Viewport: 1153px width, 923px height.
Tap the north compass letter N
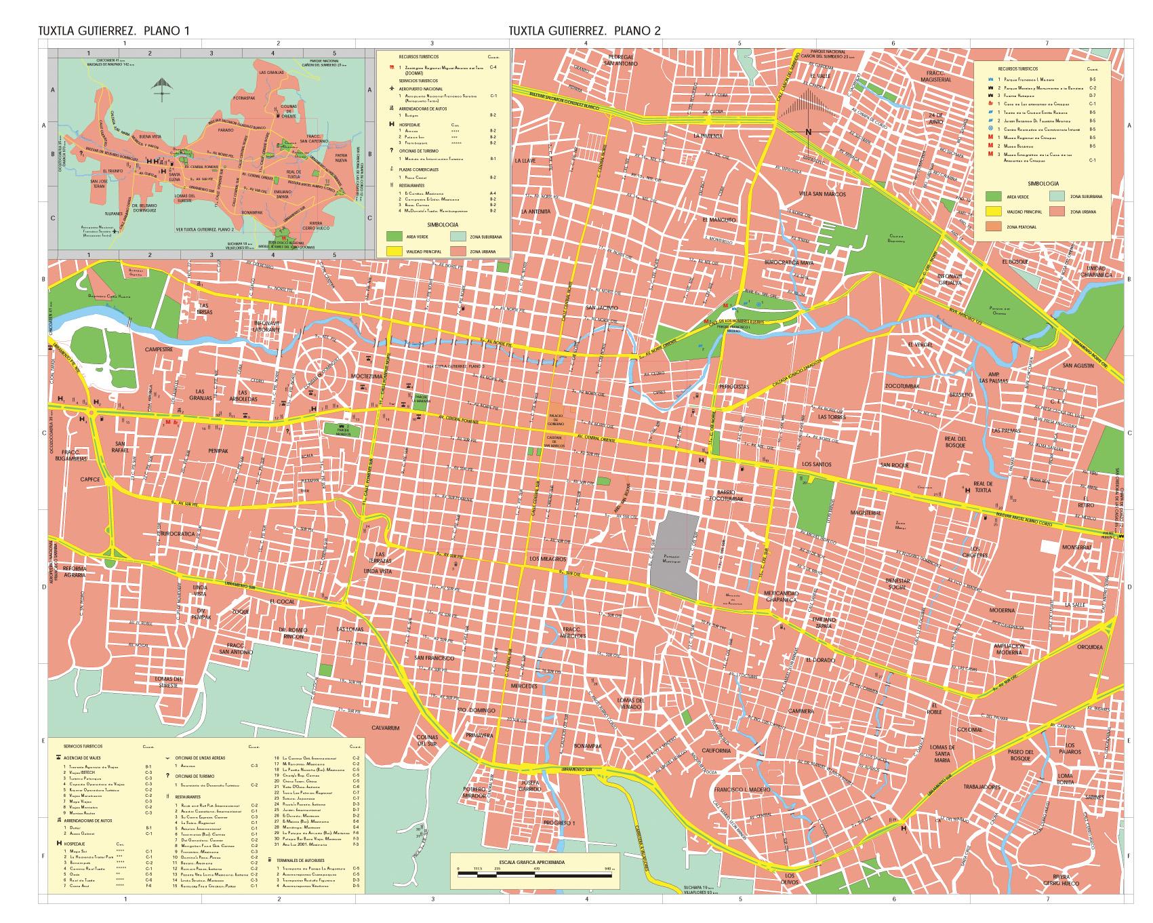807,132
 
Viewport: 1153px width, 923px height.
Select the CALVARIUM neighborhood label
386,728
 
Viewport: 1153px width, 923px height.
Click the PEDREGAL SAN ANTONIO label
621,60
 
